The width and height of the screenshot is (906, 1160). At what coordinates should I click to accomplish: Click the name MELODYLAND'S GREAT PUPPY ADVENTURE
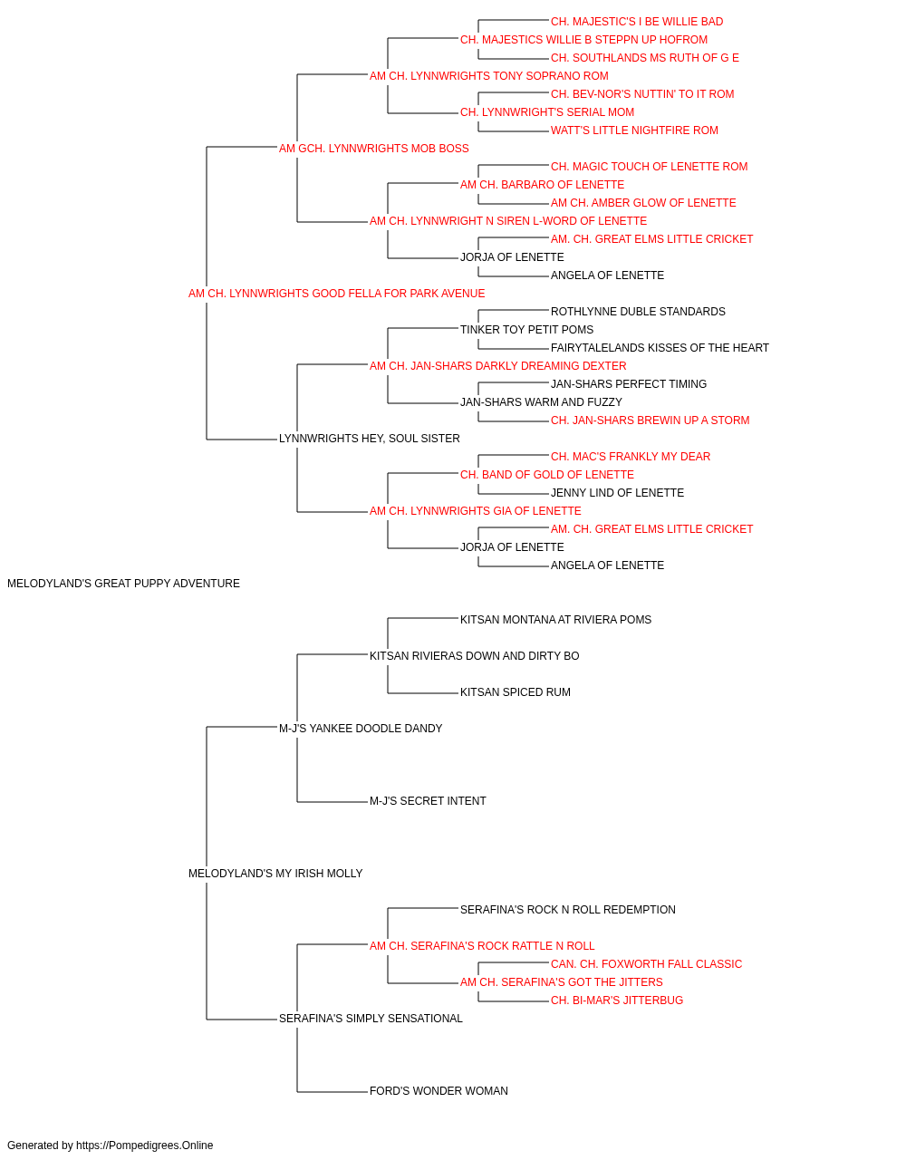pos(123,584)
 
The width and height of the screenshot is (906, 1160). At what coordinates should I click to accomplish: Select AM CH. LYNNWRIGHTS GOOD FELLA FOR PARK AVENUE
pos(336,294)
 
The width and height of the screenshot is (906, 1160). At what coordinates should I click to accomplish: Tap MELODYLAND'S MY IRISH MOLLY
pos(275,874)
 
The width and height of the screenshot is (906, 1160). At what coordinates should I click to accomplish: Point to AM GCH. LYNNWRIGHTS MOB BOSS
pos(373,149)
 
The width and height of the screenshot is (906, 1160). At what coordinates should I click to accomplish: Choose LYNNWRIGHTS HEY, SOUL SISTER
pos(370,439)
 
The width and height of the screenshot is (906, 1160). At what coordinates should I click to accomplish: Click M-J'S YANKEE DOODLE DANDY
pos(361,728)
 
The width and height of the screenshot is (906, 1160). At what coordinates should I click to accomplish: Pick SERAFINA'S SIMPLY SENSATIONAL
pos(371,1018)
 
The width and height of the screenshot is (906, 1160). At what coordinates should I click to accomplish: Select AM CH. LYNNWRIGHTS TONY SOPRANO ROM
pos(488,76)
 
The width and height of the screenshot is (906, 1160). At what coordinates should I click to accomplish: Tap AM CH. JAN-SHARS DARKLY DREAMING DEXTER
pos(497,365)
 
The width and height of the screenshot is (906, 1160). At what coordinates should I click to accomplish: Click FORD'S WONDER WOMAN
pos(439,1090)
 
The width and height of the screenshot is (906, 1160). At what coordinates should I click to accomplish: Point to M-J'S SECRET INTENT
pos(428,801)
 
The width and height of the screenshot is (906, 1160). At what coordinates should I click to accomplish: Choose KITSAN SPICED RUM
pos(515,691)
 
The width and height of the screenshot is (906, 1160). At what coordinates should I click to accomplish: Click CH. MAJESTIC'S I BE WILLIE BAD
pos(637,22)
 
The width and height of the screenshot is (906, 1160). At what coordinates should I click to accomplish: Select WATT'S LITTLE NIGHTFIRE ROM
pos(634,130)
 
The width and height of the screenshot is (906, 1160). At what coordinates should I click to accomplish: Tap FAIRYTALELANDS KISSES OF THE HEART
pos(660,347)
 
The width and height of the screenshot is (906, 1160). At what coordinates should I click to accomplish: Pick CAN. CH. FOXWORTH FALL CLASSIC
pos(646,963)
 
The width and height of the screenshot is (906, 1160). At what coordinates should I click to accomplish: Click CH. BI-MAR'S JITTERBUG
pos(617,1000)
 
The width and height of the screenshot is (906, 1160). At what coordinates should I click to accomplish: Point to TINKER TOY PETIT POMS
pos(526,329)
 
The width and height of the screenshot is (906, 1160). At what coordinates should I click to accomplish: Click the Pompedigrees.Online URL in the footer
pos(145,1145)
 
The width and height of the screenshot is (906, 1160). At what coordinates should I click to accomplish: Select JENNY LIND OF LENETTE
pos(617,493)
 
